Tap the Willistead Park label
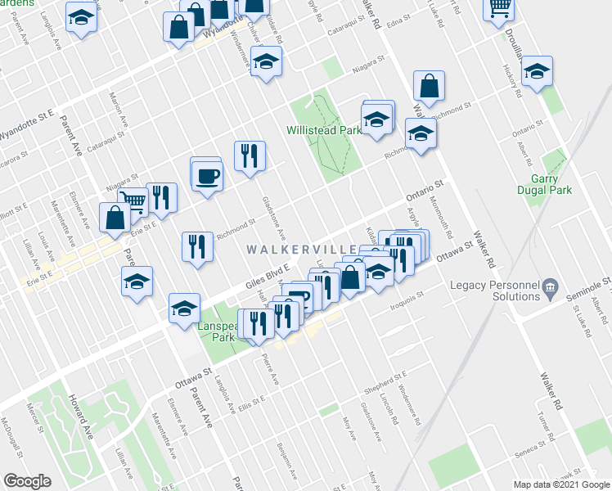coord(324,130)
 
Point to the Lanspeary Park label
coord(217,331)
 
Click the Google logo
coord(28,481)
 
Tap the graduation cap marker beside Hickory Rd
coord(537,72)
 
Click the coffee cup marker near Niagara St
coord(208,175)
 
